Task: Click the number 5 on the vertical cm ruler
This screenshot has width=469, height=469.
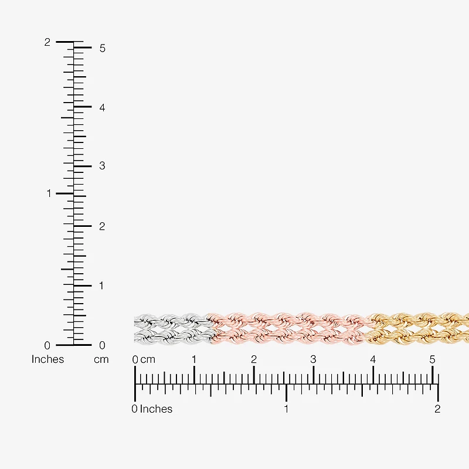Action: click(x=102, y=48)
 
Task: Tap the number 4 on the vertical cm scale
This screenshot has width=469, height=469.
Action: click(x=102, y=108)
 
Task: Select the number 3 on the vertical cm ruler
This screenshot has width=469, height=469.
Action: click(x=102, y=166)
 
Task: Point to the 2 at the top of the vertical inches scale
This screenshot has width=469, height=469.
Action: click(x=47, y=42)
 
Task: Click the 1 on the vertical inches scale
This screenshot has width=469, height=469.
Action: click(x=49, y=193)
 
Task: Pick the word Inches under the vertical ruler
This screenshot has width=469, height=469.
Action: click(x=48, y=359)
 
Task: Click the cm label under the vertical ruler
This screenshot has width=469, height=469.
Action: click(x=101, y=359)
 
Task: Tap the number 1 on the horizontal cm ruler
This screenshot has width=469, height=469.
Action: click(x=194, y=359)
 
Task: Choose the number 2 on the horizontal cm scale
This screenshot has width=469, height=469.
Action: click(x=254, y=359)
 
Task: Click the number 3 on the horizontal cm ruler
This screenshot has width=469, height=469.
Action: click(x=313, y=359)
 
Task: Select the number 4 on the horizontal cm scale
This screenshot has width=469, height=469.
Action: click(x=373, y=359)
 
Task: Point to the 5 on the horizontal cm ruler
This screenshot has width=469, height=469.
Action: click(x=432, y=359)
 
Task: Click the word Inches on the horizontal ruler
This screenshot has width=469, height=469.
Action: click(x=156, y=409)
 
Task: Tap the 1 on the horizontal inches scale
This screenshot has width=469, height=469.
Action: click(x=286, y=409)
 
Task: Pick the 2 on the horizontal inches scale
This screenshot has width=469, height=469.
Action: click(x=437, y=409)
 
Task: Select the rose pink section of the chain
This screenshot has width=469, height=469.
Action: click(x=288, y=329)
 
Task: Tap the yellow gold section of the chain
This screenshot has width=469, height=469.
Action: click(x=417, y=329)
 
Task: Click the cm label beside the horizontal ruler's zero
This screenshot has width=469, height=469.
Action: click(x=148, y=359)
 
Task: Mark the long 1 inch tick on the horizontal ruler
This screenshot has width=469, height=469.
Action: click(x=286, y=392)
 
